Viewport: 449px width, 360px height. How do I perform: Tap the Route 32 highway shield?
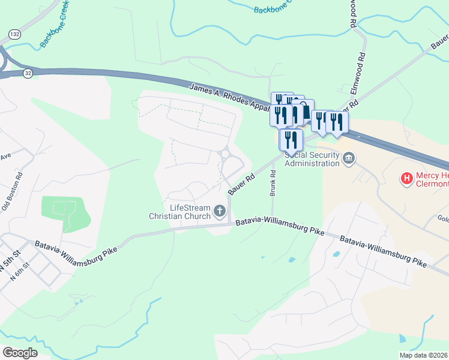[x=28, y=73]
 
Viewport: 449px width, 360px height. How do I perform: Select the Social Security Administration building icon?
[x=349, y=158]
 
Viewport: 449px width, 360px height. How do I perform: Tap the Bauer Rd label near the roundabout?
[x=242, y=184]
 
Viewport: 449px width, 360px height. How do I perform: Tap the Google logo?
[x=20, y=353]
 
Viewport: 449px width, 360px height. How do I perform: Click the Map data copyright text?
[x=423, y=355]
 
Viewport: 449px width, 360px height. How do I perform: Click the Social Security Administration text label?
[x=312, y=159]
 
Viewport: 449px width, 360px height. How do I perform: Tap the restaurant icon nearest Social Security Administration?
[x=291, y=140]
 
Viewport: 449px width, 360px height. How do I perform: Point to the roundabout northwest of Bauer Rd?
[x=228, y=154]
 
